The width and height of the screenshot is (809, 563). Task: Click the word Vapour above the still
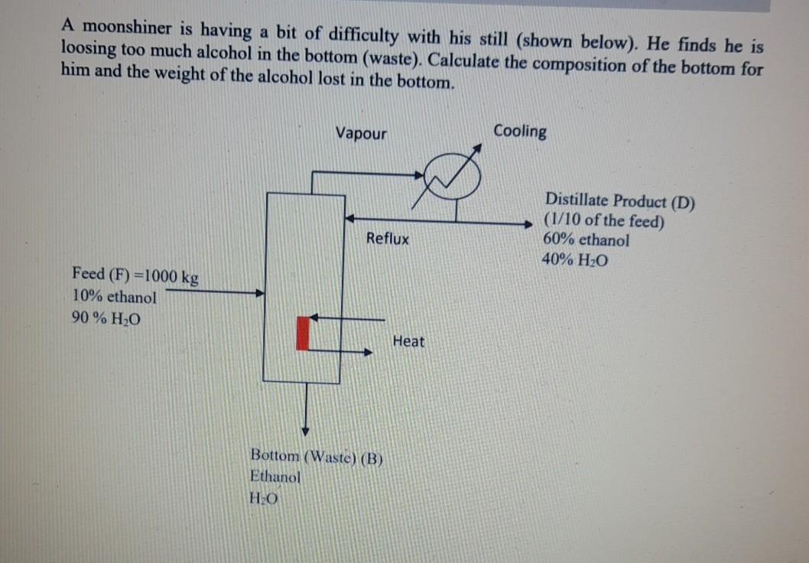(x=361, y=134)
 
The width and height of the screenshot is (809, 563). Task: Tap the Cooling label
(x=520, y=131)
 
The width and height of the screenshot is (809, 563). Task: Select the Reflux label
(x=387, y=239)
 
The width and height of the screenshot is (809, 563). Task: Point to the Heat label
(x=408, y=341)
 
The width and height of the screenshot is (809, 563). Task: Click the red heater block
(x=303, y=333)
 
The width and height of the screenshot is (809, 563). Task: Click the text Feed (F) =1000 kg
(x=135, y=275)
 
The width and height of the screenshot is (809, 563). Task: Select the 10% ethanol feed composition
(x=114, y=297)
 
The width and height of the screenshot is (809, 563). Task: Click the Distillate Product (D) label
(x=620, y=203)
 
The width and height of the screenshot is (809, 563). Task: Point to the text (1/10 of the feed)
(x=604, y=222)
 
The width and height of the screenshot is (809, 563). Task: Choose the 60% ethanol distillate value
(x=586, y=240)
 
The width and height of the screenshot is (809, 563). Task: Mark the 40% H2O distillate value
(x=576, y=259)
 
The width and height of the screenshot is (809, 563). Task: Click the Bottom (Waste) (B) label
(x=316, y=457)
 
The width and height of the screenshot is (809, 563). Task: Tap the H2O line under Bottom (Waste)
(x=264, y=496)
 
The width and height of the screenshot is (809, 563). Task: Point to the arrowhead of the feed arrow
(x=260, y=292)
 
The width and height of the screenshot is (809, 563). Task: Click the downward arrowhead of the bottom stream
(x=305, y=429)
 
